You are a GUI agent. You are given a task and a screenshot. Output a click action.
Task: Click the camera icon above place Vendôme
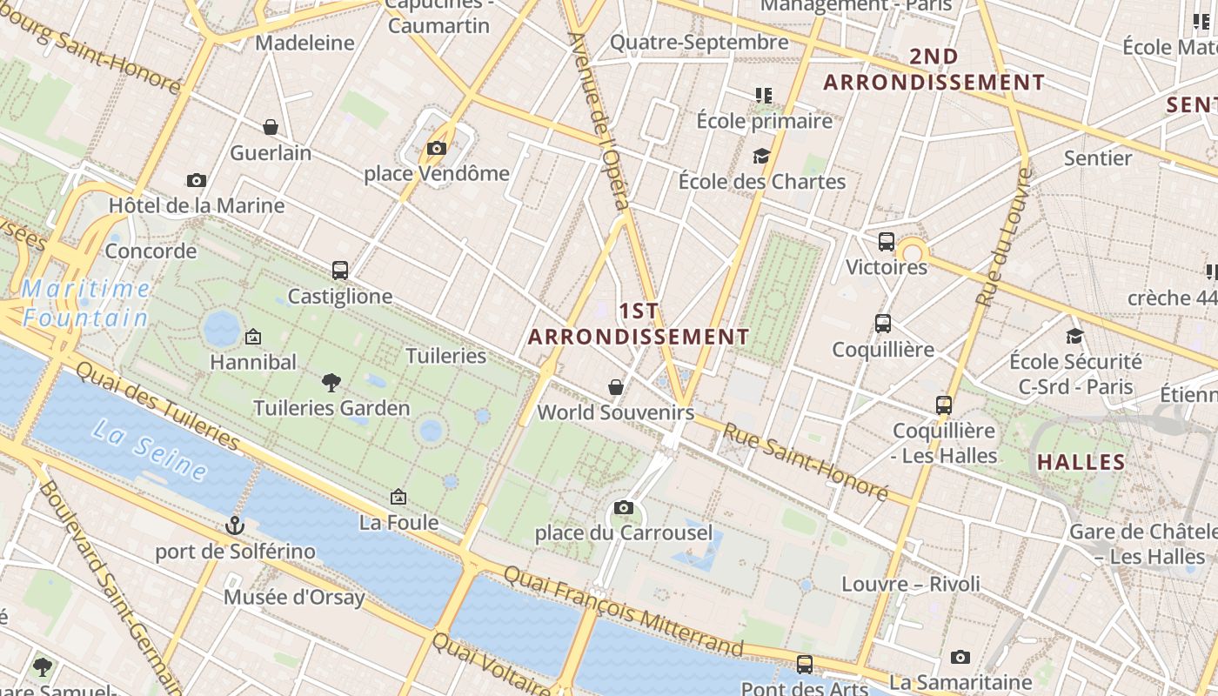click(x=437, y=149)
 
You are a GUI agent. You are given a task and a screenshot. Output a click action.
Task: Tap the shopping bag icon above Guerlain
click(x=271, y=127)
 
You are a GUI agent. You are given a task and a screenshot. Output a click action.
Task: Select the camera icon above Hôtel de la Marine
click(x=197, y=180)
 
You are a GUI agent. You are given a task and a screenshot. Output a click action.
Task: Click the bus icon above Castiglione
click(x=340, y=271)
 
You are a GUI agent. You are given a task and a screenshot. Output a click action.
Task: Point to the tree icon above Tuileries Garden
click(x=331, y=382)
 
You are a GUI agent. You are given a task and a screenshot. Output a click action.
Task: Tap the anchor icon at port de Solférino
click(x=235, y=525)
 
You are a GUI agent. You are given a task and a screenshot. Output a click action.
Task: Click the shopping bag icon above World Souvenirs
click(x=616, y=386)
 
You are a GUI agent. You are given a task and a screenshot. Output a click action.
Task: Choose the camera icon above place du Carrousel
click(x=623, y=507)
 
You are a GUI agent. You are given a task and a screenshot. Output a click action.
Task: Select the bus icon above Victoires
click(x=887, y=241)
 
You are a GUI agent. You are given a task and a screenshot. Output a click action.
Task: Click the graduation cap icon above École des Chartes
click(x=762, y=156)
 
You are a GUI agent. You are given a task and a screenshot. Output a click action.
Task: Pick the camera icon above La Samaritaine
click(x=960, y=657)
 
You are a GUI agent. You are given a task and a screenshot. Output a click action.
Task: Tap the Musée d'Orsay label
click(x=294, y=598)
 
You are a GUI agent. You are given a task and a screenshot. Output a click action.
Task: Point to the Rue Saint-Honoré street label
click(x=805, y=462)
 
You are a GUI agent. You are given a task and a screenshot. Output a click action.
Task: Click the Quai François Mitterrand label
click(x=623, y=611)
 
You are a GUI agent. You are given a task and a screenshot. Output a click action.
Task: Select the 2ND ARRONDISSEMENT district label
click(x=934, y=70)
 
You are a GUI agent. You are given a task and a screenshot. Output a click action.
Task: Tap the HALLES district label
click(x=1081, y=462)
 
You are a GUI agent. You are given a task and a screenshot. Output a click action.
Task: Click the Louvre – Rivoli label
click(x=910, y=584)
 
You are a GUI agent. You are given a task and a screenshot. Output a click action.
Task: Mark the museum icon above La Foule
click(x=398, y=497)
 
